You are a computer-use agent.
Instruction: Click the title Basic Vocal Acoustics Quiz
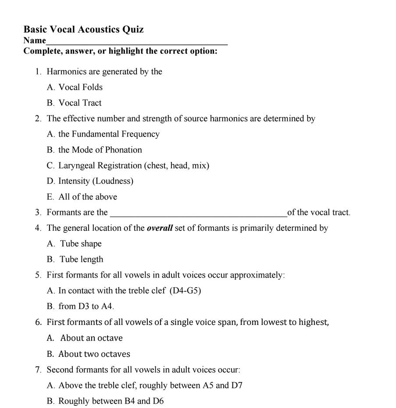tap(83, 29)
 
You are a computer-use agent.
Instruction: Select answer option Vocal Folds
tap(80, 87)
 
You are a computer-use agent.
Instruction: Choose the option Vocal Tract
tap(80, 103)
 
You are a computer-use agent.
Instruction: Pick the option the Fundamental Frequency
tap(109, 134)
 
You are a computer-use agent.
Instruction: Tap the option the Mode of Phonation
tap(100, 150)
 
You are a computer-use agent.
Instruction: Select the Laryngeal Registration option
tap(134, 165)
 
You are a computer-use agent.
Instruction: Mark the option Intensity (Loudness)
tap(96, 181)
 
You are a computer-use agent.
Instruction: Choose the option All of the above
tap(88, 197)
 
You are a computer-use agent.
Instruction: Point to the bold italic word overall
tap(160, 228)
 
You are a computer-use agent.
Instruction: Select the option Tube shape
tap(81, 244)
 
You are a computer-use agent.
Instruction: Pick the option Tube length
tap(82, 259)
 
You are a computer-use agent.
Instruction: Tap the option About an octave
tap(91, 338)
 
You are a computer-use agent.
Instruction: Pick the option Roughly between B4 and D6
tap(111, 401)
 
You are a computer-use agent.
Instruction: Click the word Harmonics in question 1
tap(66, 71)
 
